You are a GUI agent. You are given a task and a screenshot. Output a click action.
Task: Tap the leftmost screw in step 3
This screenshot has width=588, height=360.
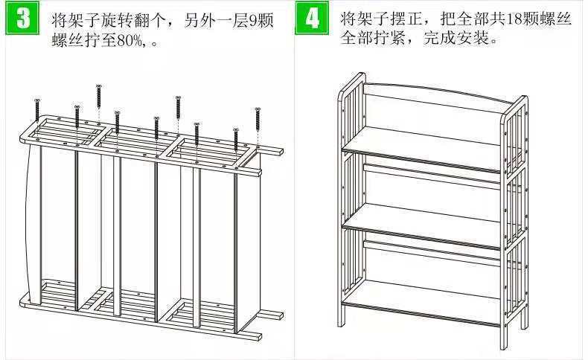(36, 110)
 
